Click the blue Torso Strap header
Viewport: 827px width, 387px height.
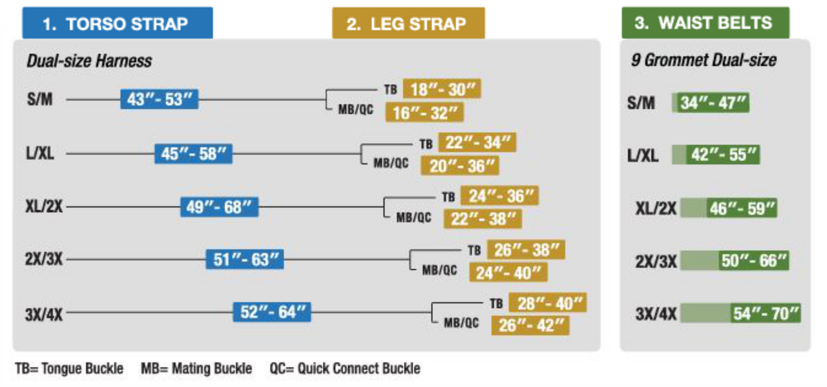coord(118,23)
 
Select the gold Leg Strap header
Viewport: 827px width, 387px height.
coord(408,23)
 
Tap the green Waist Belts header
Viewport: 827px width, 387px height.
coord(706,23)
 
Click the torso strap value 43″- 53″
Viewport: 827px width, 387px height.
coord(159,99)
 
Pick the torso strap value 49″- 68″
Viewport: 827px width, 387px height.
coord(219,207)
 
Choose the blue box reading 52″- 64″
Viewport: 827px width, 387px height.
coord(272,312)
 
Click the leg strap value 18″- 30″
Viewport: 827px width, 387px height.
coord(442,89)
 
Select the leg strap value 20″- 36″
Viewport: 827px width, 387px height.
coord(460,166)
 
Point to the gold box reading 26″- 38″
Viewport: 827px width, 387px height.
coord(526,250)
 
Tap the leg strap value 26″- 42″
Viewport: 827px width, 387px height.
coord(530,326)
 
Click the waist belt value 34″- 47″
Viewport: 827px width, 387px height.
coord(711,102)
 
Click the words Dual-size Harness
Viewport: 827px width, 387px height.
coord(89,61)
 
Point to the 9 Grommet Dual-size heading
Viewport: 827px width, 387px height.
coord(704,60)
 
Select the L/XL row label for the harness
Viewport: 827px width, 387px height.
coord(40,153)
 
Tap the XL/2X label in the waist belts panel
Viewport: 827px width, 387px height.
coord(656,208)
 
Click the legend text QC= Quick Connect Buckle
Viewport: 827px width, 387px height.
coord(345,368)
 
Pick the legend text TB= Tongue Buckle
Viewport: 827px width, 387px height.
coord(69,368)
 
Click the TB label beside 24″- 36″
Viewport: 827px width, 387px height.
coord(448,197)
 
